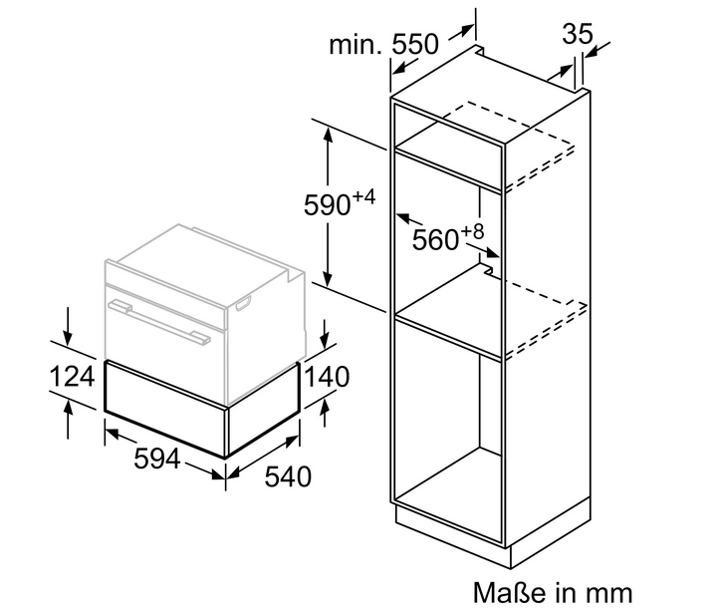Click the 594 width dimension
tap(156, 459)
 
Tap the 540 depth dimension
tap(288, 476)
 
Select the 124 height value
tap(72, 377)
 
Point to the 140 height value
tap(327, 377)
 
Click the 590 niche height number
tap(327, 204)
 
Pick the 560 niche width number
tap(435, 239)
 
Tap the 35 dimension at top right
tap(578, 34)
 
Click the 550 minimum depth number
tap(415, 44)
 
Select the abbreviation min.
tap(356, 44)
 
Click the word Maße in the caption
tap(510, 592)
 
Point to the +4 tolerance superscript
tap(363, 198)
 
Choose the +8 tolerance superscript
tap(472, 231)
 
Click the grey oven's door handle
tap(159, 321)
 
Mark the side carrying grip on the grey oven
tap(243, 303)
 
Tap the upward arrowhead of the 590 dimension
tap(328, 135)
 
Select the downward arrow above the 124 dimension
tap(68, 326)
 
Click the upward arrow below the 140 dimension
tap(325, 413)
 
